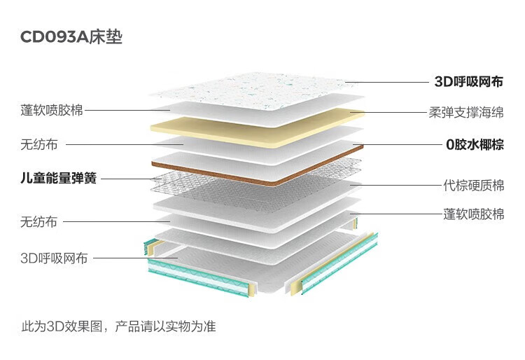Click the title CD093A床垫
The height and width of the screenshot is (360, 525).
[x=71, y=37]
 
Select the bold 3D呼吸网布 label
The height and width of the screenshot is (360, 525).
[x=469, y=82]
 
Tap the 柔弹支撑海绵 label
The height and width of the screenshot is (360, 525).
[x=466, y=112]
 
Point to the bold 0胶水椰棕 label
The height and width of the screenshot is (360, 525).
[x=475, y=145]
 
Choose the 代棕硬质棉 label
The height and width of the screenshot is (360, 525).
[x=473, y=185]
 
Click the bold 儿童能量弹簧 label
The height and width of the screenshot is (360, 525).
[x=59, y=178]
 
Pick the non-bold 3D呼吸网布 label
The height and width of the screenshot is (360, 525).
[x=54, y=258]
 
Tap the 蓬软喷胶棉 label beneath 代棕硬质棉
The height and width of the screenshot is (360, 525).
[x=473, y=214]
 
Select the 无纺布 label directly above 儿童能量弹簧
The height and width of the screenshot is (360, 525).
[x=38, y=145]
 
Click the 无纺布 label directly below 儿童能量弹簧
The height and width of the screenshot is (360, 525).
[x=38, y=222]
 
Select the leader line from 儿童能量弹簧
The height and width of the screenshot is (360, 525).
[x=132, y=179]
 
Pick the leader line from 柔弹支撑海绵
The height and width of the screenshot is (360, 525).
[x=389, y=112]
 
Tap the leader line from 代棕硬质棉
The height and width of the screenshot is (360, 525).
[x=396, y=185]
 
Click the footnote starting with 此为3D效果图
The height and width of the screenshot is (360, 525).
[x=118, y=326]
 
